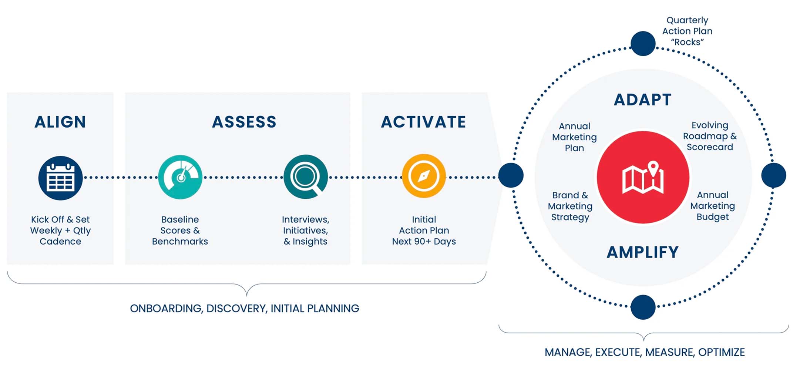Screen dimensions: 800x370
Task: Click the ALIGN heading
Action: [x=60, y=122]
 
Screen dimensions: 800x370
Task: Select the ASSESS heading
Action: [x=244, y=122]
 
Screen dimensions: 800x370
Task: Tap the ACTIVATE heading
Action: [x=424, y=122]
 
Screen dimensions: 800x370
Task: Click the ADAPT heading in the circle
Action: [x=643, y=100]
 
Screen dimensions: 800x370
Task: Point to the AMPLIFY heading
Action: [x=643, y=252]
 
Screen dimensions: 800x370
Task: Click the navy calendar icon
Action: [x=60, y=178]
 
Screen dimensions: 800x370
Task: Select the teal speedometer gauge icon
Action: [x=180, y=177]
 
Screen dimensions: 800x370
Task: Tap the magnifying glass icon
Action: [x=306, y=177]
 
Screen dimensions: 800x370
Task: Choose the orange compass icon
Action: [x=424, y=176]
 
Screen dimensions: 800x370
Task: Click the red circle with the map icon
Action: [x=643, y=177]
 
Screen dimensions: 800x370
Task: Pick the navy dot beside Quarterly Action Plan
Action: [x=643, y=44]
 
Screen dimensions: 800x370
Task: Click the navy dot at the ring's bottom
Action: [x=643, y=307]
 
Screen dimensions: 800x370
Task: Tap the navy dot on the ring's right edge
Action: [x=774, y=175]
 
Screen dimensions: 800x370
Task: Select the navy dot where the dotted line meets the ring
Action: [x=511, y=175]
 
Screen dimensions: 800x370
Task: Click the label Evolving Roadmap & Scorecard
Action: [x=710, y=136]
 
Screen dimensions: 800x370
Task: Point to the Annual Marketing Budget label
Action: [x=713, y=206]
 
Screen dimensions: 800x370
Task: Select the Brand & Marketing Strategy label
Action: [x=570, y=206]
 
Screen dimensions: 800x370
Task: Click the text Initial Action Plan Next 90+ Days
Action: [x=424, y=231]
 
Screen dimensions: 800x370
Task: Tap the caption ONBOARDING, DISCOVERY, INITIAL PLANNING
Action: [x=245, y=309]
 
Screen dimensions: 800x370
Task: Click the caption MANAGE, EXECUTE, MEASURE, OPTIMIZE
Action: [x=645, y=352]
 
